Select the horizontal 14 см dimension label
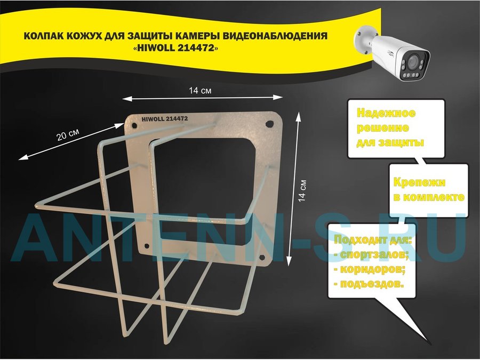coord(200,91)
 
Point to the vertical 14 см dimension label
coord(302,190)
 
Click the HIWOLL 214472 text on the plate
coord(165,119)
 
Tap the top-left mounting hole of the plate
coord(134,125)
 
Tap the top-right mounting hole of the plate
coord(269,124)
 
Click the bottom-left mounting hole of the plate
coord(147,246)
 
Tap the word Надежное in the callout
coord(386,113)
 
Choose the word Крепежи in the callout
coord(419,182)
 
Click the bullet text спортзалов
coord(373,255)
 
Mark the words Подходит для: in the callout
coord(373,240)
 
